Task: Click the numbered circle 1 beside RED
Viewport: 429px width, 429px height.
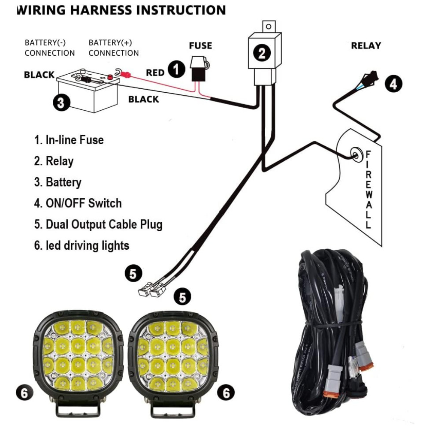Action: click(176, 69)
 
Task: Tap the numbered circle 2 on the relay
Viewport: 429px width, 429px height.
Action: click(262, 53)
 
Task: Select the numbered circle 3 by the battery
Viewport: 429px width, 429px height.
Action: click(61, 103)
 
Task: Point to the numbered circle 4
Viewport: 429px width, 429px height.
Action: click(393, 83)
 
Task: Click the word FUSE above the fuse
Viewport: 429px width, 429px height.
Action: click(201, 45)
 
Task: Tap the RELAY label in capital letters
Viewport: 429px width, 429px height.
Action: click(366, 45)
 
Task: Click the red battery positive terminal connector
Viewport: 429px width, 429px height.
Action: click(125, 75)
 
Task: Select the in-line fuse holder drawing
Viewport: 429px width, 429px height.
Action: click(199, 69)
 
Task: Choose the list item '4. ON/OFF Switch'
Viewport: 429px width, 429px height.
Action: click(78, 203)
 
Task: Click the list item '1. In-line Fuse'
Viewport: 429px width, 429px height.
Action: click(69, 139)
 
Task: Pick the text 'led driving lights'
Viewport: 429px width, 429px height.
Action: click(88, 245)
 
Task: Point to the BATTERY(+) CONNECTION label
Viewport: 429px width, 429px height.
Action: click(114, 48)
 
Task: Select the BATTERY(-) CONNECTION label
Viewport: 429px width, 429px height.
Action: click(50, 48)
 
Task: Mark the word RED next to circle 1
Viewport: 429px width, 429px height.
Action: click(155, 73)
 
